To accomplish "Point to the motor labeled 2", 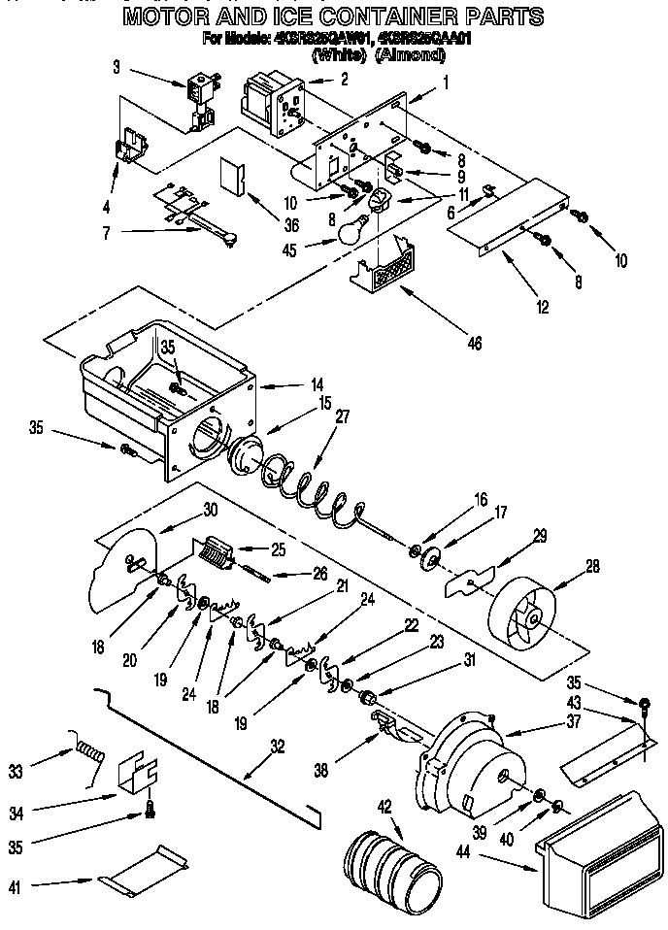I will (x=270, y=104).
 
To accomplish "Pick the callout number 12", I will (x=542, y=309).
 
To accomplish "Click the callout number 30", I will (x=211, y=510).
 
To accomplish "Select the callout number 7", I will (x=105, y=231).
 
